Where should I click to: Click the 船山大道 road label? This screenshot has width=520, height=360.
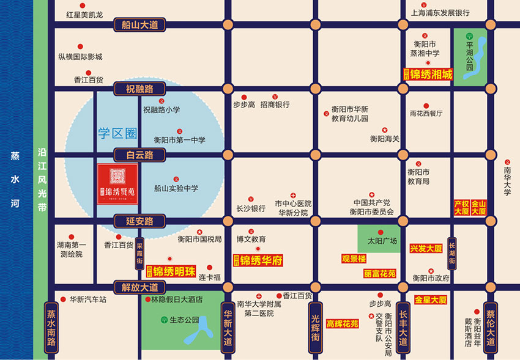(x=140, y=25)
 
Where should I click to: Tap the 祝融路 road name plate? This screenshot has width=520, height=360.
(x=140, y=90)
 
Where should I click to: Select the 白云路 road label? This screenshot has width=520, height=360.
(x=140, y=155)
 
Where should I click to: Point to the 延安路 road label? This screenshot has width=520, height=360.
(x=140, y=221)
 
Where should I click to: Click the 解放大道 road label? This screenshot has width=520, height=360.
(x=140, y=287)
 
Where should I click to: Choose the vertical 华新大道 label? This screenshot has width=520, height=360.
(x=228, y=328)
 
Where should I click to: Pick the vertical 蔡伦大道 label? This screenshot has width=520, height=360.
(x=490, y=328)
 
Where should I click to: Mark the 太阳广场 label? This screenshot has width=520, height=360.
(x=382, y=241)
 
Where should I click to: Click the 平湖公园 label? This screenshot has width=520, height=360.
(x=470, y=55)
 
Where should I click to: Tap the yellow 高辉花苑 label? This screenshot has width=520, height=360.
(x=342, y=323)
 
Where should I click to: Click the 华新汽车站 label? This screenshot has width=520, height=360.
(x=87, y=299)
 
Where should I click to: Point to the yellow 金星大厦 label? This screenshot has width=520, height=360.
(x=431, y=299)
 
